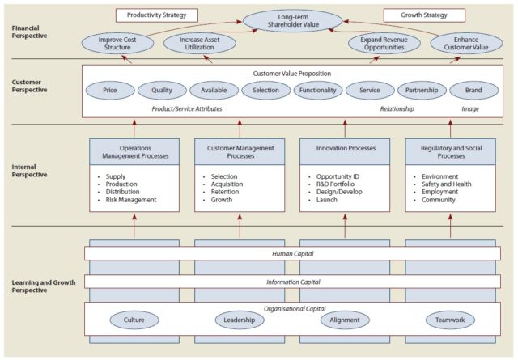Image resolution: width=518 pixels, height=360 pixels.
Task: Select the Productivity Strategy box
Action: point(157,15)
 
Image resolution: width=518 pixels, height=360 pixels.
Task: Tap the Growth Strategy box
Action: point(423,15)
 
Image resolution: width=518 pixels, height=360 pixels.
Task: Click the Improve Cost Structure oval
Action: point(116,44)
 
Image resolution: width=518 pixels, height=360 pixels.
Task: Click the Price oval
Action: point(111,91)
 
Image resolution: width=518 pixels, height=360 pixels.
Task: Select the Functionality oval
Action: point(317,91)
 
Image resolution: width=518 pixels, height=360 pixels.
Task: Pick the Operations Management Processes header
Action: point(134,152)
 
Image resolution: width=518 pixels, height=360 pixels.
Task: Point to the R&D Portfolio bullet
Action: point(340,184)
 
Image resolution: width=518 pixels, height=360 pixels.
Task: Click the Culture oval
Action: point(134,320)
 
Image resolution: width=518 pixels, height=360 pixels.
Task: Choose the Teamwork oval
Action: point(450,320)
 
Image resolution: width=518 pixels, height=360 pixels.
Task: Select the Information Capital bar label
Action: point(292,282)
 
